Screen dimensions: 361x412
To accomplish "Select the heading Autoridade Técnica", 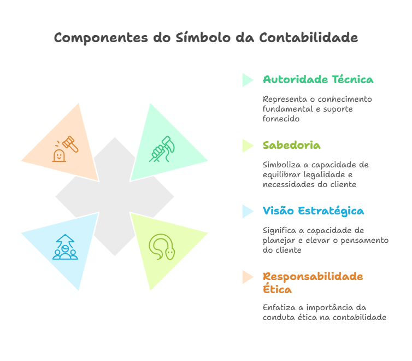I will point(318,80).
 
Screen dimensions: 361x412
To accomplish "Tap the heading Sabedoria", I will point(291,145).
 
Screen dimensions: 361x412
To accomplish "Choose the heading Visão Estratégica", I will point(313,211).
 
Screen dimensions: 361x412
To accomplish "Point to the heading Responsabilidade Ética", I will point(313,282).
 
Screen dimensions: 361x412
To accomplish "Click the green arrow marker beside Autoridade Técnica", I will point(248,80).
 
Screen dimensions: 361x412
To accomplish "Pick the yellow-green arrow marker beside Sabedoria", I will point(248,145).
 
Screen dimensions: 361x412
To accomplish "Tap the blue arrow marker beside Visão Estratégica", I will point(248,211).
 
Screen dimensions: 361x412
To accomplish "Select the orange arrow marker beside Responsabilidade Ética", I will point(248,277).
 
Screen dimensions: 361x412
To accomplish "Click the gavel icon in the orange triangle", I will point(65,148).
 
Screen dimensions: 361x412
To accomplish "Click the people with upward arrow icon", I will point(65,247).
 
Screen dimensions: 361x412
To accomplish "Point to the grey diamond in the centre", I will point(114,197).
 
